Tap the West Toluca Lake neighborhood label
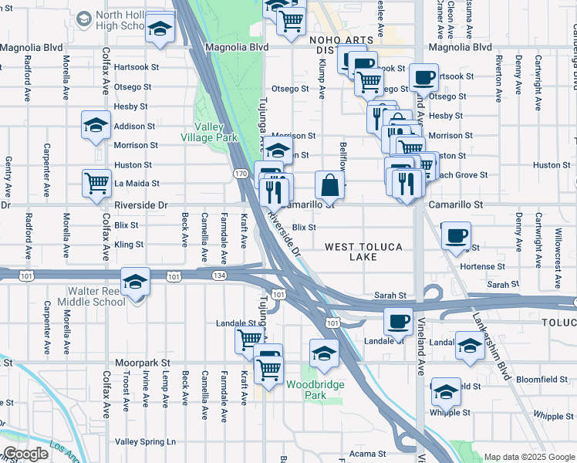coord(362,252)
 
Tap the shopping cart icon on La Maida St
coord(96,184)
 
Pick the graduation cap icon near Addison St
coord(96,126)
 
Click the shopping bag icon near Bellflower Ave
coord(329,185)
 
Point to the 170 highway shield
coord(242,174)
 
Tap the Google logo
coord(25,454)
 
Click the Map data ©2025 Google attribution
coord(529,457)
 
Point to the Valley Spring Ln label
coord(145,441)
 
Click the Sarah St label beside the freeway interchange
coord(390,296)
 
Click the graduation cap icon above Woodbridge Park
coord(325,353)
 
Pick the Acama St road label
coord(366,454)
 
